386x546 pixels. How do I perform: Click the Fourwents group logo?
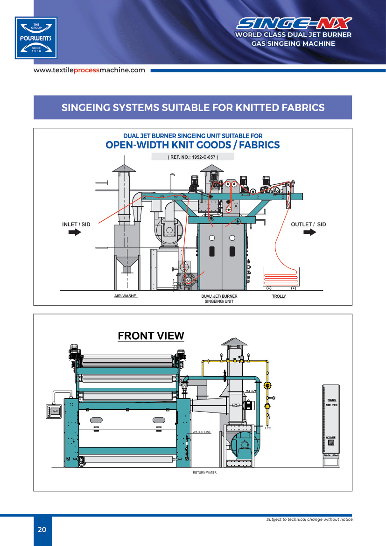tap(36, 38)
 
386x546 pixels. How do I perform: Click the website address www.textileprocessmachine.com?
tap(89, 70)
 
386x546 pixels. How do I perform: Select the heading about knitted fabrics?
tap(193, 107)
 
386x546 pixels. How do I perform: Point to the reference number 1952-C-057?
tap(193, 157)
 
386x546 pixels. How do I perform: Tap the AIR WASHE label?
tap(126, 296)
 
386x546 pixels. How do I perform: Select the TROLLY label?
tap(279, 296)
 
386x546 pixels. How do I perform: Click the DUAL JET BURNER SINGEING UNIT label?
tap(219, 299)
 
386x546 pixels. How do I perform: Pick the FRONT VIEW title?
tap(151, 336)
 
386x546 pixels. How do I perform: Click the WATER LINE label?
tap(202, 432)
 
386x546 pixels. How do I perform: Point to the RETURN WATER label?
tap(204, 473)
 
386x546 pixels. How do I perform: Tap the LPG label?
tap(268, 428)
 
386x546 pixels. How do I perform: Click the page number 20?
tap(42, 530)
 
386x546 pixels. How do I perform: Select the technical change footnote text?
tap(309, 519)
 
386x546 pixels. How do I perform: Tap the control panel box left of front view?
tap(55, 411)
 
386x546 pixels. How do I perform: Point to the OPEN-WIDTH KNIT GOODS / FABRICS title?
tap(193, 145)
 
